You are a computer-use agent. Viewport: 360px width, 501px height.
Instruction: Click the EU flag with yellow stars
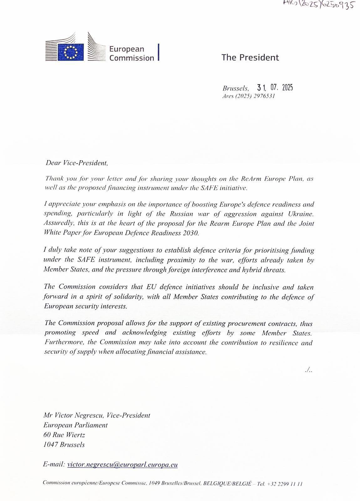pyautogui.click(x=71, y=52)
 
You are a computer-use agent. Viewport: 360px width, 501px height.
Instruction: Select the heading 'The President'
pyautogui.click(x=250, y=57)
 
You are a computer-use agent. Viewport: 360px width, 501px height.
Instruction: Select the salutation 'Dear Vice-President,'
pyautogui.click(x=77, y=163)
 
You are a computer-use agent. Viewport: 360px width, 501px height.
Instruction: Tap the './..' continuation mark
pyautogui.click(x=308, y=370)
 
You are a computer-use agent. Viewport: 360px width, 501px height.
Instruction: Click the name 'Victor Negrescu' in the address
pyautogui.click(x=79, y=415)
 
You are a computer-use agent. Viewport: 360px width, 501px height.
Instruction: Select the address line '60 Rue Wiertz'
pyautogui.click(x=64, y=435)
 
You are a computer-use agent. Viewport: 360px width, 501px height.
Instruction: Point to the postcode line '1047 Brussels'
pyautogui.click(x=64, y=445)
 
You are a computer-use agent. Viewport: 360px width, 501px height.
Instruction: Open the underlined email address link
pyautogui.click(x=122, y=464)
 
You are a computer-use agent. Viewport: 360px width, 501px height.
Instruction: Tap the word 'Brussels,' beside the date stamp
pyautogui.click(x=236, y=89)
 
